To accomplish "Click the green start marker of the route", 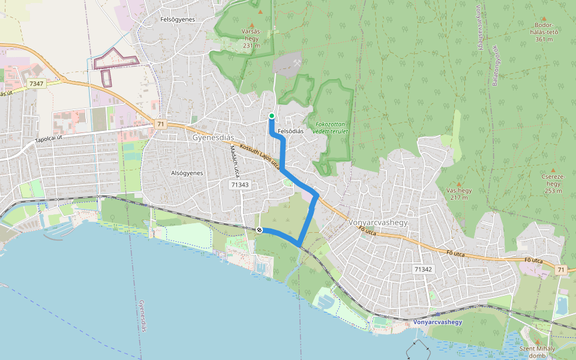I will point(272,116).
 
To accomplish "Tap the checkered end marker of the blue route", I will point(259,230).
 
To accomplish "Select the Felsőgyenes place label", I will point(178,19).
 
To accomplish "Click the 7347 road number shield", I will point(36,83).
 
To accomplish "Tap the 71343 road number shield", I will point(239,185).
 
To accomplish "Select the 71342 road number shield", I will point(424,269).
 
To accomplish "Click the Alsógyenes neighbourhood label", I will point(186,173).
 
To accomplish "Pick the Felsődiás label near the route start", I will point(292,131).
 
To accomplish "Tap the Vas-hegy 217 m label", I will point(460,194).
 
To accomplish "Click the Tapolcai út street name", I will point(49,140).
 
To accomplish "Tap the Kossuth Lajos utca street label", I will point(259,155).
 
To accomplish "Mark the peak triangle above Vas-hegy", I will point(459,184).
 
